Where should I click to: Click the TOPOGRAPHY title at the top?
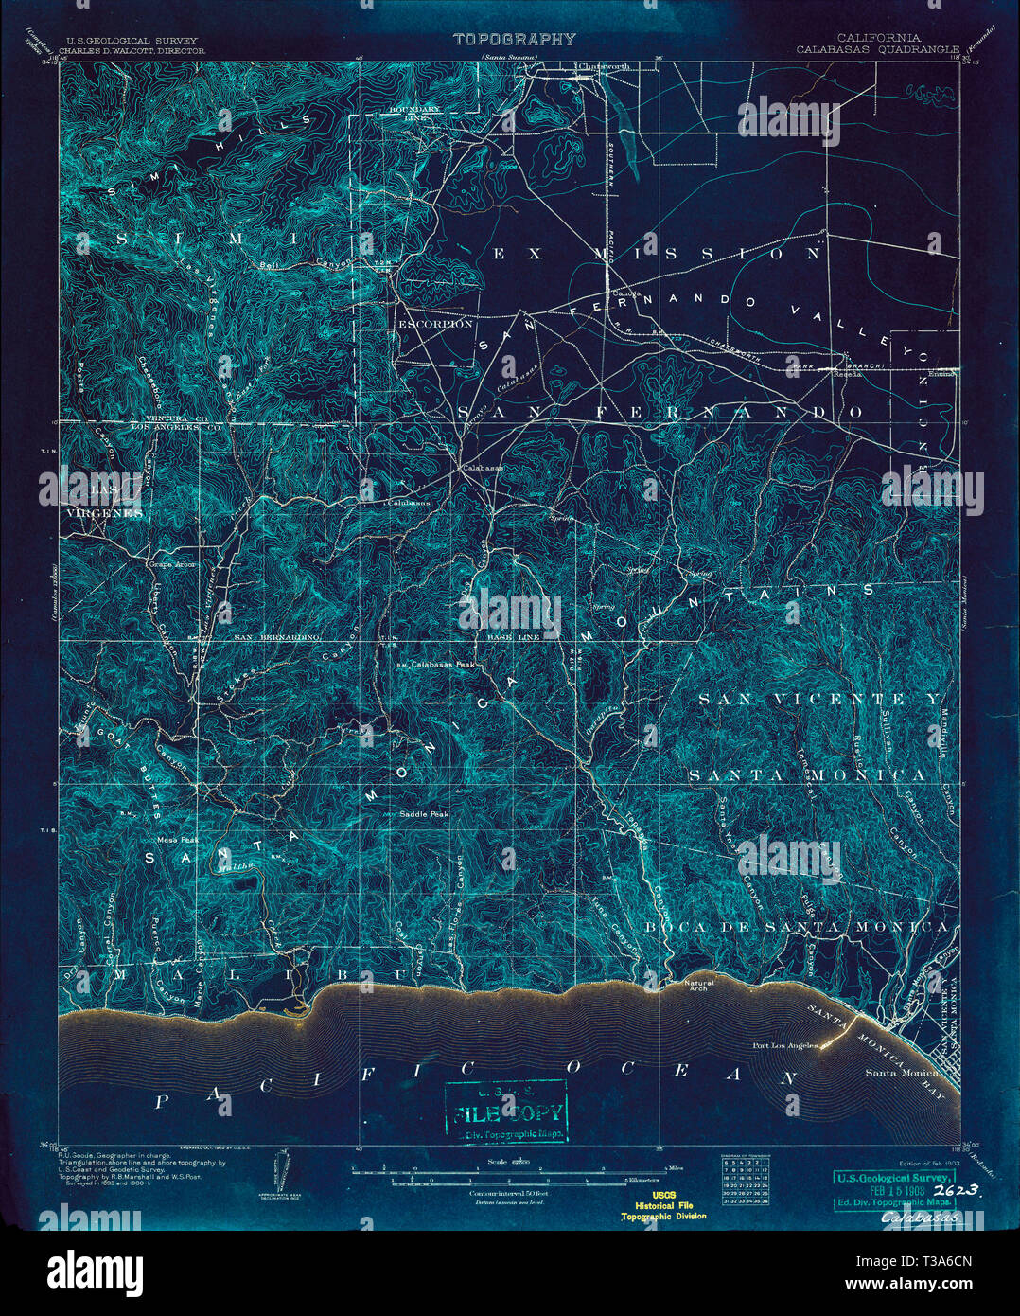(x=514, y=40)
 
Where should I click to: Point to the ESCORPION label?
(x=434, y=324)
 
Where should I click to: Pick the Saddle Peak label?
(x=422, y=813)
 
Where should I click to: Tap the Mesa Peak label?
(x=177, y=839)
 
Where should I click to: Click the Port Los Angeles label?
(x=784, y=1046)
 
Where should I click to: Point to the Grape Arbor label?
(x=170, y=563)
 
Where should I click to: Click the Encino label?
(x=941, y=373)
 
